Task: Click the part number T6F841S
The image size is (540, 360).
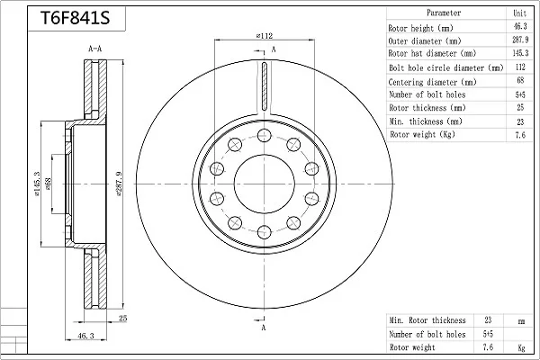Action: tap(75, 18)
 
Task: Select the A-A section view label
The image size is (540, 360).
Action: tap(95, 49)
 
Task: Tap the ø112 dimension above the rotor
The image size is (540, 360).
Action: tap(265, 35)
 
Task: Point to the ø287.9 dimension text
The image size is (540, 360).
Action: tap(120, 184)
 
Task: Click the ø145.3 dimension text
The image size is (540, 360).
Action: tap(37, 184)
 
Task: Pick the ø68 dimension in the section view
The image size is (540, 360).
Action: tap(48, 184)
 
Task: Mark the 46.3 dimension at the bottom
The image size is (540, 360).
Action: tap(85, 336)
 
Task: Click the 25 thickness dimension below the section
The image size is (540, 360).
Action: tap(123, 319)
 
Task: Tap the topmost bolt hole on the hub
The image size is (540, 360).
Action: tap(264, 135)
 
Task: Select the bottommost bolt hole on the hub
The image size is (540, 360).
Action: tap(264, 232)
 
